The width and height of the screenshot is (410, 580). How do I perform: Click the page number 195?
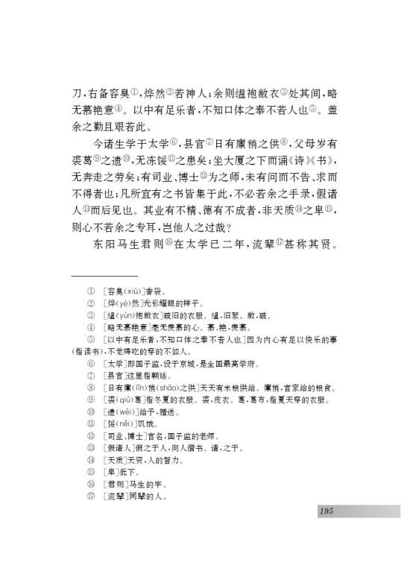click(325, 511)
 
